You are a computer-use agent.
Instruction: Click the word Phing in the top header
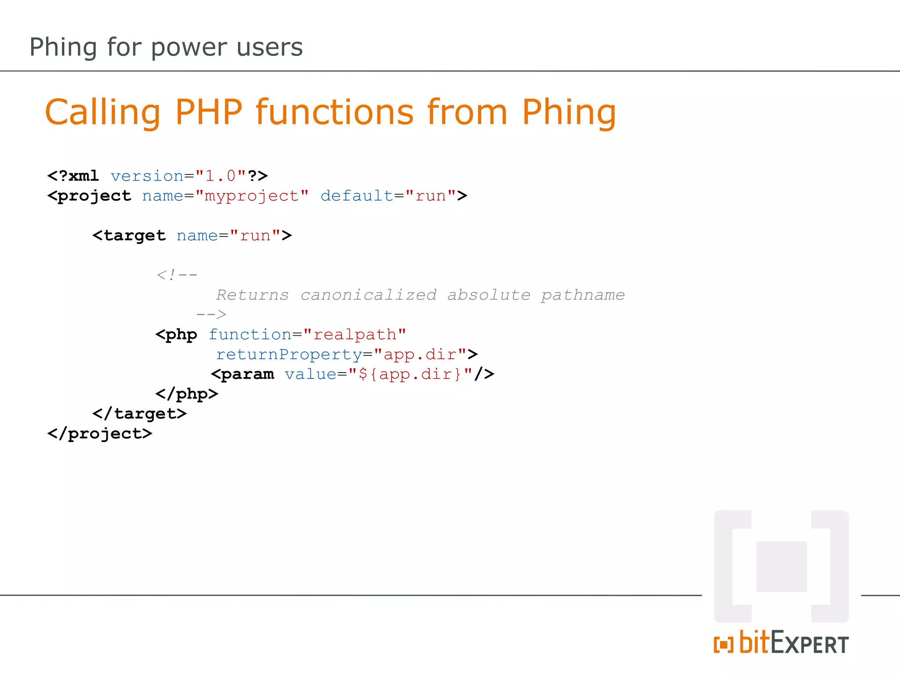point(63,47)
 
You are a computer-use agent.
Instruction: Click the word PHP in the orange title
point(209,112)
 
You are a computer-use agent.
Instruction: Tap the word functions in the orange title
point(335,112)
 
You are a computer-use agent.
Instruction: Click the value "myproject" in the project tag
point(252,196)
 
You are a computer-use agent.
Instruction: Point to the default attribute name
point(356,196)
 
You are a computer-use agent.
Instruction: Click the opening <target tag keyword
point(129,236)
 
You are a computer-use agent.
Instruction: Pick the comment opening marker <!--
point(177,275)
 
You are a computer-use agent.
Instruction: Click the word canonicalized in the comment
point(368,295)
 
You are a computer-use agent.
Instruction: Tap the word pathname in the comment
point(582,295)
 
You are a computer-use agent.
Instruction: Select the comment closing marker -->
point(211,315)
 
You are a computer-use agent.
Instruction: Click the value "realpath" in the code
point(354,335)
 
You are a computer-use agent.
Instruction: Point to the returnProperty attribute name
point(289,355)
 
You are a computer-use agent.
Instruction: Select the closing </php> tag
point(187,394)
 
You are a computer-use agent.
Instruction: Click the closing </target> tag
point(139,414)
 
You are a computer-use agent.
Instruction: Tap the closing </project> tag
point(100,434)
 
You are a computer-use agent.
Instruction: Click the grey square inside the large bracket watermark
point(781,567)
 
